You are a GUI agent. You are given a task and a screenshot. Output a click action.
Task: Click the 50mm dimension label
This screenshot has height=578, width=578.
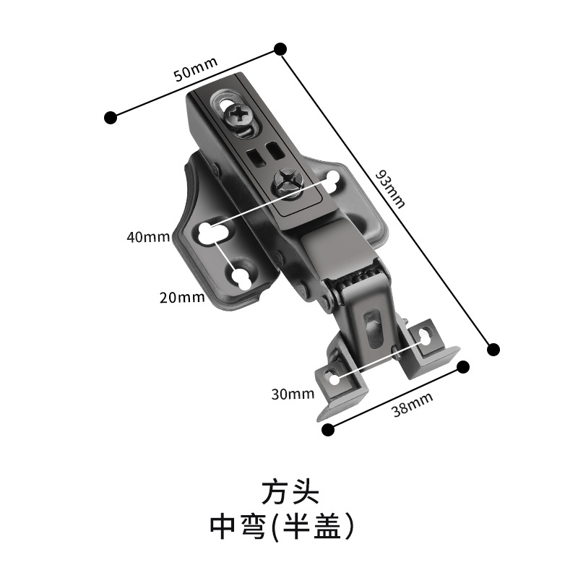click(196, 69)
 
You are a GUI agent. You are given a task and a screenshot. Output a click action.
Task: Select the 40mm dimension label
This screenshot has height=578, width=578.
click(147, 236)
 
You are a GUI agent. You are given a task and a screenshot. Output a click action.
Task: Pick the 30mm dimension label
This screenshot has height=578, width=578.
click(293, 394)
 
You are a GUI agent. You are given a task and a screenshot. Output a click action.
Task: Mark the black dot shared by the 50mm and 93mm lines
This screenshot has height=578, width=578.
click(280, 49)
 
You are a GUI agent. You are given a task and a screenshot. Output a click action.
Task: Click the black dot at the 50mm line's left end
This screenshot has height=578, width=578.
click(111, 117)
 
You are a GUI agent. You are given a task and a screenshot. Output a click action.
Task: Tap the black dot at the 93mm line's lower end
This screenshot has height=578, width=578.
click(493, 350)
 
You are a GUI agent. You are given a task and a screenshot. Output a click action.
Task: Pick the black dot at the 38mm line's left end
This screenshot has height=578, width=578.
click(327, 430)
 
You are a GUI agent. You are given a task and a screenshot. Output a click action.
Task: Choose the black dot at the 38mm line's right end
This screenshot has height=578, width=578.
click(463, 367)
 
